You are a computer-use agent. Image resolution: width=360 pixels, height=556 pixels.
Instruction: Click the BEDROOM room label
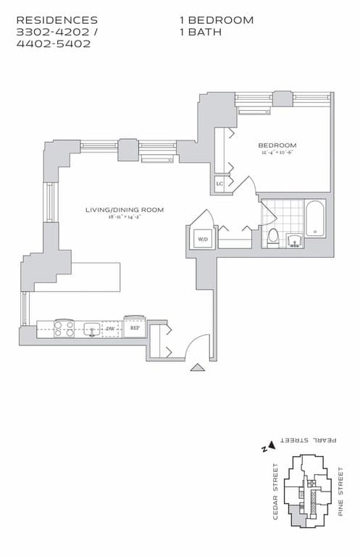point(277,146)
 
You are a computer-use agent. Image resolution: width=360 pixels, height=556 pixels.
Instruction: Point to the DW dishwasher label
point(110,329)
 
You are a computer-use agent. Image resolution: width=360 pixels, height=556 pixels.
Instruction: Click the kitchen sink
point(91,329)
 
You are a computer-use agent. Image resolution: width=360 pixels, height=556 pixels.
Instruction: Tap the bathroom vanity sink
point(295,240)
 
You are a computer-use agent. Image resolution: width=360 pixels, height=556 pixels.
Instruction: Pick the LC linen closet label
point(220,184)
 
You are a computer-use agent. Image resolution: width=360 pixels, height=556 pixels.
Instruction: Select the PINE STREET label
point(340,492)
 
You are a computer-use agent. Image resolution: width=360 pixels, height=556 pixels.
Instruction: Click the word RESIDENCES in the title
point(56,20)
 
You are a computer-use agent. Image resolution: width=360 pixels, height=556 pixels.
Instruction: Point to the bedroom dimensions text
point(277,153)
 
